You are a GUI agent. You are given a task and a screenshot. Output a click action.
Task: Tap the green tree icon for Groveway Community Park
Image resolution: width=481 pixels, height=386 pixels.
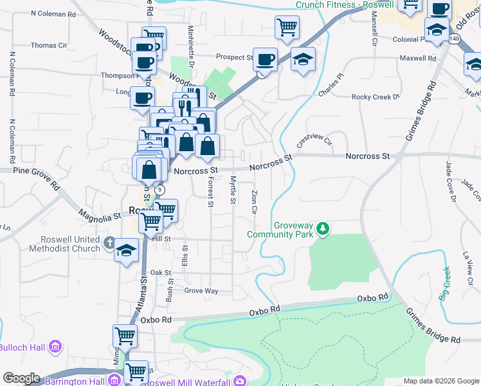[x=325, y=228]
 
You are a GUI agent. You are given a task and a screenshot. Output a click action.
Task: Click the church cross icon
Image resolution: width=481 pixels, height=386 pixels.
[x=109, y=243]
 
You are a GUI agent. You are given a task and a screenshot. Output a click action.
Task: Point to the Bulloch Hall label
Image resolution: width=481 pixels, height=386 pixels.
[x=23, y=347]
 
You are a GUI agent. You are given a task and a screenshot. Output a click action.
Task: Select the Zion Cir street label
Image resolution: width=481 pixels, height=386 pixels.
[x=255, y=201]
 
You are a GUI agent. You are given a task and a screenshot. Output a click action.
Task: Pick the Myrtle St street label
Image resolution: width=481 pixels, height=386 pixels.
[x=233, y=190]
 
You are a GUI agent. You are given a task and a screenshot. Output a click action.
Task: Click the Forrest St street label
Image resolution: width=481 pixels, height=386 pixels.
[x=210, y=192]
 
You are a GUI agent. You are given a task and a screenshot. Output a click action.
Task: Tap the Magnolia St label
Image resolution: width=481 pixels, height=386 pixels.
[x=100, y=214]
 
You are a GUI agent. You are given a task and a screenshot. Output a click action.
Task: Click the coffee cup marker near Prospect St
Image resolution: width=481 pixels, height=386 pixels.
[x=265, y=60]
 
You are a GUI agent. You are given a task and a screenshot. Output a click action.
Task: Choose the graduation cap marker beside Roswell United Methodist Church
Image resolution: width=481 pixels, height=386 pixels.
[x=127, y=250]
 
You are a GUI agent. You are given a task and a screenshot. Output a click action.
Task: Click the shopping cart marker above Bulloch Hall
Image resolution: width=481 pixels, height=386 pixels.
[x=125, y=335]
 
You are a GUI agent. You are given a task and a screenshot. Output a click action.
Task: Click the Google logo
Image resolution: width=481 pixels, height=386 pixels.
[x=21, y=378]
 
